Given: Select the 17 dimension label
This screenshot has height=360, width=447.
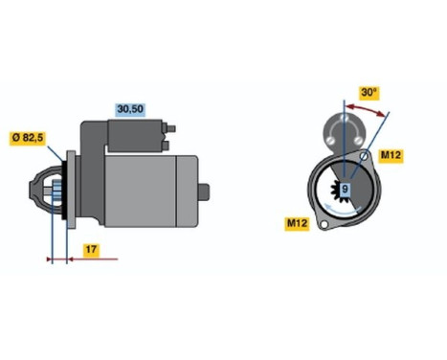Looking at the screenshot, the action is [x=88, y=250].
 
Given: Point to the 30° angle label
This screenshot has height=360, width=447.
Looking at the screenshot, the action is [x=369, y=94].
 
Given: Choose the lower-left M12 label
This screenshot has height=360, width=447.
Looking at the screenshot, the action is [x=299, y=224].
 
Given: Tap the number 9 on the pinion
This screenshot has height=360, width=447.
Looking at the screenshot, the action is [x=346, y=190].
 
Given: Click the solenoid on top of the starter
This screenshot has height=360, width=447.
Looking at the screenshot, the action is [x=124, y=136].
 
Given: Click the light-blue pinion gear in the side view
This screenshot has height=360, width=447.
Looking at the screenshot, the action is [x=56, y=195].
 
